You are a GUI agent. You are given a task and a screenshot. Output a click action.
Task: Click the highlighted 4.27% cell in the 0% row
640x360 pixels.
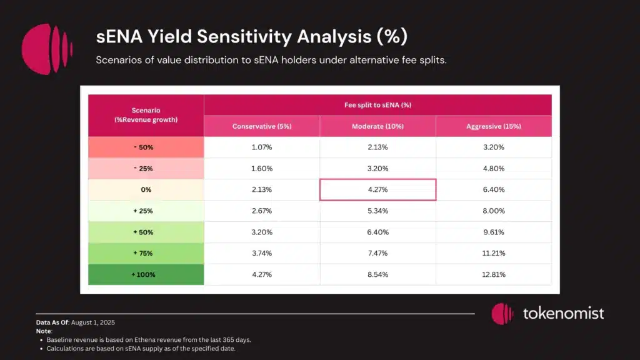pos(377,189)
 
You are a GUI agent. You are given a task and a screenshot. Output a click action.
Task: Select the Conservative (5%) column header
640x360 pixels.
pos(262,126)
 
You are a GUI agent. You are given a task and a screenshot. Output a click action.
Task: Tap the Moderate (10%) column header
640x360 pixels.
pos(377,126)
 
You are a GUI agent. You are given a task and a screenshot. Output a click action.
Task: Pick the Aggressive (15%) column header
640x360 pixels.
pos(493,126)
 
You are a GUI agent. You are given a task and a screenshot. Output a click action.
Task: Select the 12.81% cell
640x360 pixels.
pos(493,274)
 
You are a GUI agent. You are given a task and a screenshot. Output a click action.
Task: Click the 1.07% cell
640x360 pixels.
pos(262,147)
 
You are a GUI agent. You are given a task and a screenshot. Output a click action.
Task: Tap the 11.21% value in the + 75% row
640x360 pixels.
pos(493,253)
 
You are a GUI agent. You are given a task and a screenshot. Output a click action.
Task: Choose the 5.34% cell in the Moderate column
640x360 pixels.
pos(377,211)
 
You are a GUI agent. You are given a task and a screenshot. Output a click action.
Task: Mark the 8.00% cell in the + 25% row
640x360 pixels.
pos(493,211)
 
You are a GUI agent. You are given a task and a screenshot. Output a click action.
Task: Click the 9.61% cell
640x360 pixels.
pos(493,232)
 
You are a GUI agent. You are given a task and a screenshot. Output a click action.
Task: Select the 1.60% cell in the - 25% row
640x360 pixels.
pos(262,169)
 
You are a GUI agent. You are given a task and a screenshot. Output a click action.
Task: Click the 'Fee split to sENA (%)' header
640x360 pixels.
pos(377,105)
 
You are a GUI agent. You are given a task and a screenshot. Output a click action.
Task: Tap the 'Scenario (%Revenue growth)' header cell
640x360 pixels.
pos(146,115)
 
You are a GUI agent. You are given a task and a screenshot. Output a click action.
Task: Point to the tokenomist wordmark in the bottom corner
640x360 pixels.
pos(563,313)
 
